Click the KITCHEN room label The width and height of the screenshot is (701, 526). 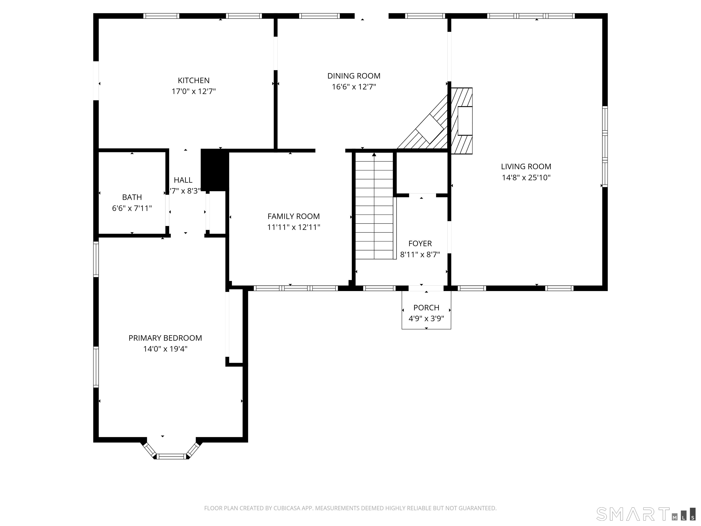[194, 81]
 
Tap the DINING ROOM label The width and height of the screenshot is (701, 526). [354, 76]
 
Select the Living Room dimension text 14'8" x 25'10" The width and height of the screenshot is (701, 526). [526, 178]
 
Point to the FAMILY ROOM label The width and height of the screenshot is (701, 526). [293, 217]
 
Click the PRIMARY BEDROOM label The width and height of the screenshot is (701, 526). [165, 338]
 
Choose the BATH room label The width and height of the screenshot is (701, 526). [132, 197]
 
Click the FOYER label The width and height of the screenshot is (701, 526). [420, 244]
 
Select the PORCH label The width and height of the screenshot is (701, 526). [426, 308]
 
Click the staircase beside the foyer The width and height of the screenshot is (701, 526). [374, 206]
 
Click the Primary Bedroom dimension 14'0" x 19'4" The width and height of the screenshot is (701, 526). [165, 349]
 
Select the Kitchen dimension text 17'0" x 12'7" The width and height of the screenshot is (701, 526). [194, 92]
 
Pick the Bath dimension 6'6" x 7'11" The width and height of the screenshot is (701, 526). [132, 208]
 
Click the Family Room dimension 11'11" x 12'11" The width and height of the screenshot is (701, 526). [293, 227]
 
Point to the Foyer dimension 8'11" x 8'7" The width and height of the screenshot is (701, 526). [420, 255]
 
